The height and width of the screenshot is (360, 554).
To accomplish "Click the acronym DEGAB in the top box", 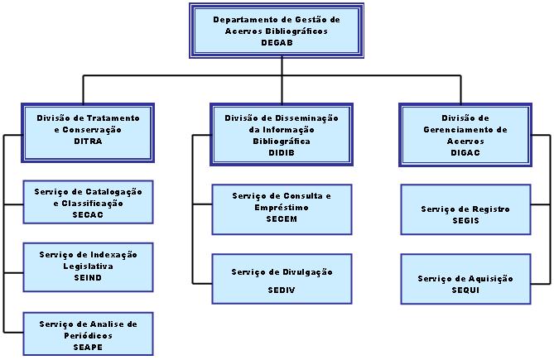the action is point(277,43).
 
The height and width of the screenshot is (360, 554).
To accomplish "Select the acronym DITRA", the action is point(88,142).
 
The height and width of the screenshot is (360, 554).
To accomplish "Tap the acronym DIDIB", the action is point(282,153).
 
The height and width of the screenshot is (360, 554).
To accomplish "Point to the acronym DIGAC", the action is point(465,153).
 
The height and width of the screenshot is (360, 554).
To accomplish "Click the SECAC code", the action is point(88,215).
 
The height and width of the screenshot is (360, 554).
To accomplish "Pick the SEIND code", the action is point(88,278).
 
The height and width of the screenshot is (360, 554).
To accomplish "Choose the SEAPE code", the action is point(88,348).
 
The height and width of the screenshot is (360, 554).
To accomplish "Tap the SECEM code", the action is point(282,218).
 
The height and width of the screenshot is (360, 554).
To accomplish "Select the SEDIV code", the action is point(282,290).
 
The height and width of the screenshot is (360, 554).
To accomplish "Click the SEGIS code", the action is point(465,221).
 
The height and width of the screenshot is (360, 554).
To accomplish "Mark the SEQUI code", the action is point(465,290).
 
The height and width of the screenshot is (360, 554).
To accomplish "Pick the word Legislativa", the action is point(88,266).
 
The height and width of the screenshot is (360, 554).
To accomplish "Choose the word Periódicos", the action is point(88,336).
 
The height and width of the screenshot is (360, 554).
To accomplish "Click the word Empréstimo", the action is point(282,208).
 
